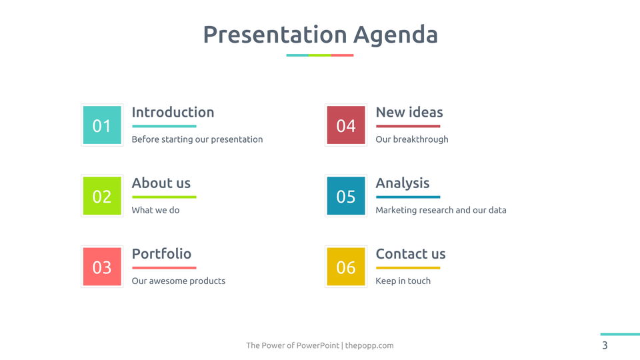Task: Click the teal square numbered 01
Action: click(102, 125)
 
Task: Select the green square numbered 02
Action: click(102, 196)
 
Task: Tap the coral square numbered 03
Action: click(102, 267)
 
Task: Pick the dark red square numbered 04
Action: click(346, 125)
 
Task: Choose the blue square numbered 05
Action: click(346, 196)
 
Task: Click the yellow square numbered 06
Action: click(346, 267)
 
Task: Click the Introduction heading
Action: click(173, 112)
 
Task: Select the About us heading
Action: click(161, 183)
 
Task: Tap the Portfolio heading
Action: click(161, 254)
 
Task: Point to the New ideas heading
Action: click(409, 112)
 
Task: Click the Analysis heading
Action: click(403, 183)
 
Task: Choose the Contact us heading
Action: click(411, 254)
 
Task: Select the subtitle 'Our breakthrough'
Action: click(412, 139)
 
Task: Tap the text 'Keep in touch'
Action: click(403, 281)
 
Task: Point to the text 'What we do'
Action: click(155, 210)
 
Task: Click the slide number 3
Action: click(605, 345)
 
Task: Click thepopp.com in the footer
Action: click(369, 345)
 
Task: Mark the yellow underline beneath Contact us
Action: click(408, 268)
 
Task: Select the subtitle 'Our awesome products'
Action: click(179, 281)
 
